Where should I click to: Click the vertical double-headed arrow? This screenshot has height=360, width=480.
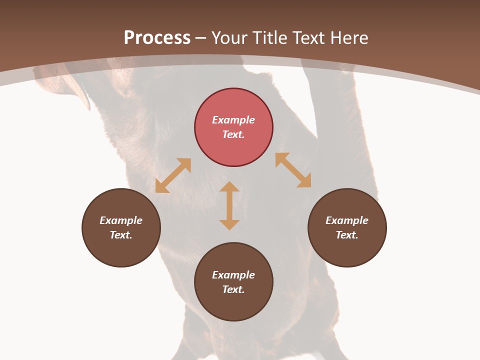point(229,205)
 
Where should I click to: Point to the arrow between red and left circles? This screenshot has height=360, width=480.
point(173,175)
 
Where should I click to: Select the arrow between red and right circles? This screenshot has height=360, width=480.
point(293,170)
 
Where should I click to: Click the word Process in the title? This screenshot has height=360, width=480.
point(157,38)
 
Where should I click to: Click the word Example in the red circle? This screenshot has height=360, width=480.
point(233,120)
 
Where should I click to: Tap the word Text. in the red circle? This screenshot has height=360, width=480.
point(233,134)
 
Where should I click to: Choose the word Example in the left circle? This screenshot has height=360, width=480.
point(121,220)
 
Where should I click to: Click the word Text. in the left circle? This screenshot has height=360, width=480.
point(121,235)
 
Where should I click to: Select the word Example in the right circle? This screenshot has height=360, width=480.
point(347,220)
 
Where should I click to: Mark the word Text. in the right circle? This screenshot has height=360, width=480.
point(347,235)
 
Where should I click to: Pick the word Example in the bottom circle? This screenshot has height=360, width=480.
point(233,275)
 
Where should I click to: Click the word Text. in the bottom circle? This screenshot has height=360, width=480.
point(233,289)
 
